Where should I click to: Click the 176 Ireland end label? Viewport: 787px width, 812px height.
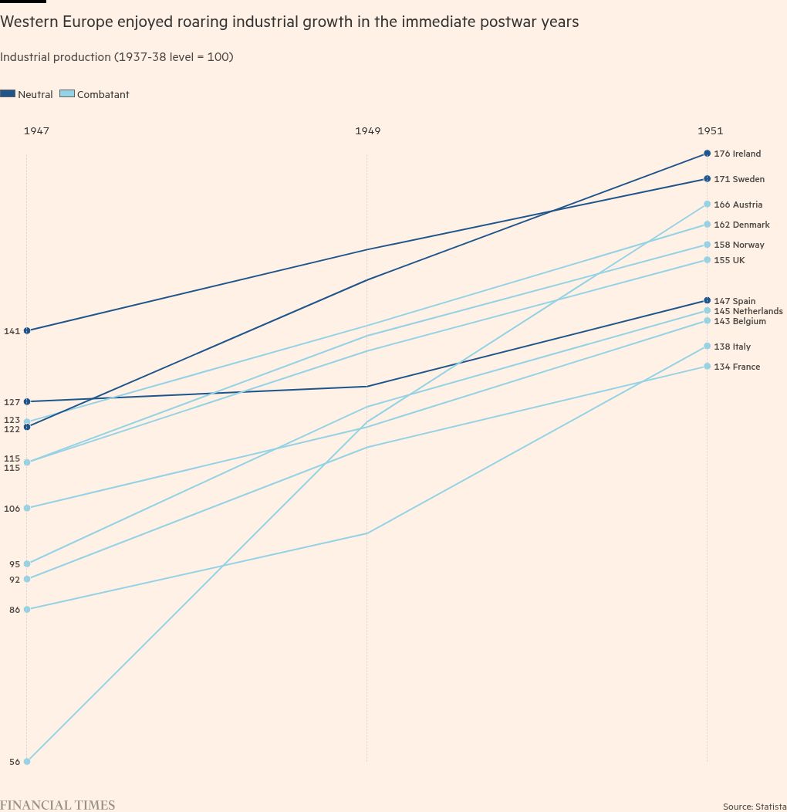tap(737, 154)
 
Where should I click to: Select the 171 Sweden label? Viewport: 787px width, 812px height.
tap(738, 179)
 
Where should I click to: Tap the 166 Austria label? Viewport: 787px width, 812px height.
tap(738, 205)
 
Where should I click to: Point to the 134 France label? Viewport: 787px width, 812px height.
tap(736, 367)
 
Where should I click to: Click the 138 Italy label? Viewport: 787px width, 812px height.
tap(731, 347)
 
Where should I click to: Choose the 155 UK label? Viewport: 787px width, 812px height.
tap(728, 260)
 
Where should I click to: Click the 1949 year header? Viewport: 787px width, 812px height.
tap(367, 130)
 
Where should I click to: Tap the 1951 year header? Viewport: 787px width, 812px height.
tap(710, 130)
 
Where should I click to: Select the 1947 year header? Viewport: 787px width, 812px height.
tap(36, 130)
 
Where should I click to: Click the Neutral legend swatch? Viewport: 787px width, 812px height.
tap(8, 94)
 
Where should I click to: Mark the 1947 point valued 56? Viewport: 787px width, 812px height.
tap(27, 762)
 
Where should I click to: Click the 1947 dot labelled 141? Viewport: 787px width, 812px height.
tap(27, 330)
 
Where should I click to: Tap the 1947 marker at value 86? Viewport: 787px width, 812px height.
tap(27, 610)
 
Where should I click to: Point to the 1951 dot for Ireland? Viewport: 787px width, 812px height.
tap(707, 154)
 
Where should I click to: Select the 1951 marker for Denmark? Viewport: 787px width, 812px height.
tap(707, 225)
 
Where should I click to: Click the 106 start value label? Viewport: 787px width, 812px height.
tap(12, 509)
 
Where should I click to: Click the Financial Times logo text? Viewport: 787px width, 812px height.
tap(57, 805)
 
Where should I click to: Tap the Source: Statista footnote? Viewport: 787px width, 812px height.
tap(754, 807)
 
